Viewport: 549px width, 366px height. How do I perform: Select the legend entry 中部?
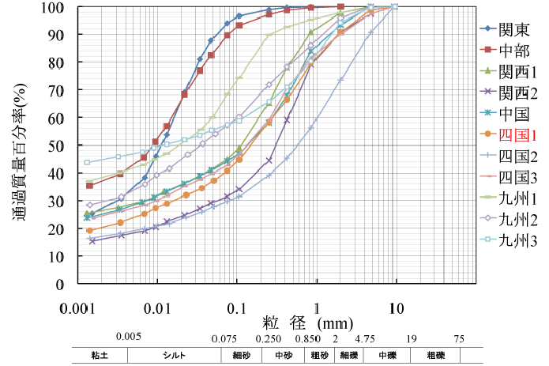click(514, 51)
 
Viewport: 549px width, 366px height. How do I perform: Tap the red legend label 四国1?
click(517, 136)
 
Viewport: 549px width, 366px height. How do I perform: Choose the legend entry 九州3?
click(517, 242)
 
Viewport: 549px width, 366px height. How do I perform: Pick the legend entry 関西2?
click(517, 93)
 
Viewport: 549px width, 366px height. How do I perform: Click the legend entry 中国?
click(514, 115)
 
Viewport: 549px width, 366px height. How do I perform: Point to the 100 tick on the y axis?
click(53, 7)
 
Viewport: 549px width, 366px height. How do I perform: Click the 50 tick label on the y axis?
click(56, 146)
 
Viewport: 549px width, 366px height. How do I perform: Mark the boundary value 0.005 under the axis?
click(128, 337)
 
